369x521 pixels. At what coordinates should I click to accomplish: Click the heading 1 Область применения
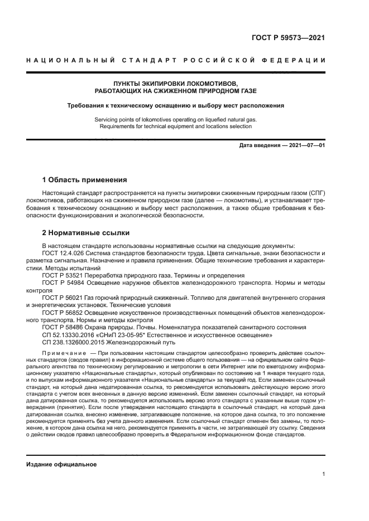coord(85,180)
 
